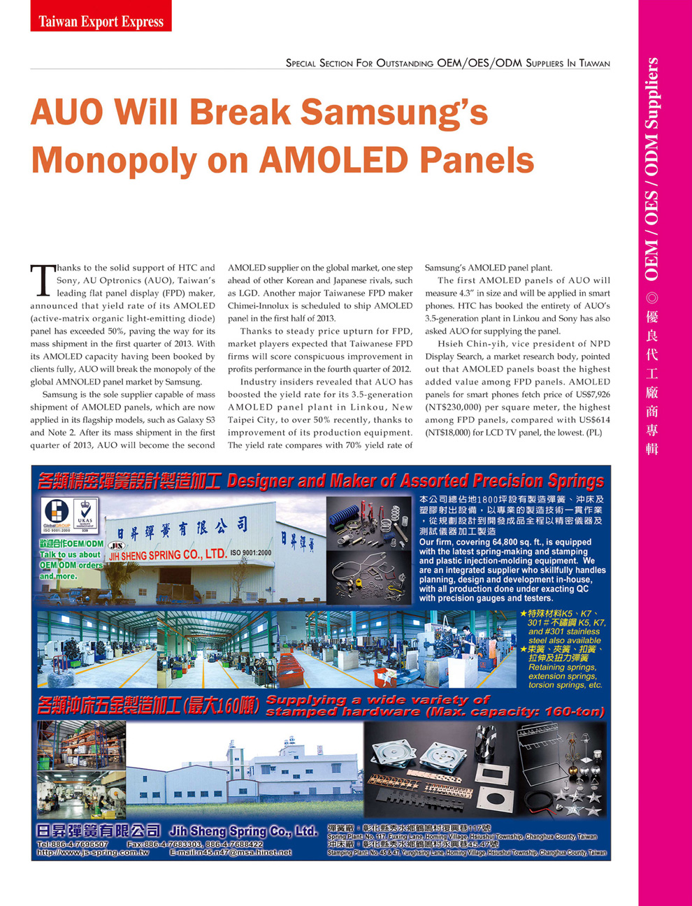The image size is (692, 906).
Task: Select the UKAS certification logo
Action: pyautogui.click(x=85, y=515)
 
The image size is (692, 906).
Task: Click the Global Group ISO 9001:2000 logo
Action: pyautogui.click(x=56, y=515)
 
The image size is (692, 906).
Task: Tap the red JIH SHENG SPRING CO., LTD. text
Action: pyautogui.click(x=167, y=556)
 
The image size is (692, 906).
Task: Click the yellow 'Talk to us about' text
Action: pyautogui.click(x=70, y=554)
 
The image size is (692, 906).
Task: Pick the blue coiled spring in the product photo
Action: pyautogui.click(x=349, y=521)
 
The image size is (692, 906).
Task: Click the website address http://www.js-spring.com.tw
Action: pyautogui.click(x=92, y=853)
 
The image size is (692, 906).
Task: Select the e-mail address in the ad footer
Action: pyautogui.click(x=231, y=853)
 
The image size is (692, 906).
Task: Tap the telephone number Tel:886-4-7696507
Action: pyautogui.click(x=72, y=844)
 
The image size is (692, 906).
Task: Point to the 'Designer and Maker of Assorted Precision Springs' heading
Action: pyautogui.click(x=415, y=482)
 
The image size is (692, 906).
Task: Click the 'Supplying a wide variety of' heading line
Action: pyautogui.click(x=377, y=700)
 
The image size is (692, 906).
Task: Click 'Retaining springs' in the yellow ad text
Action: pyautogui.click(x=562, y=667)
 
